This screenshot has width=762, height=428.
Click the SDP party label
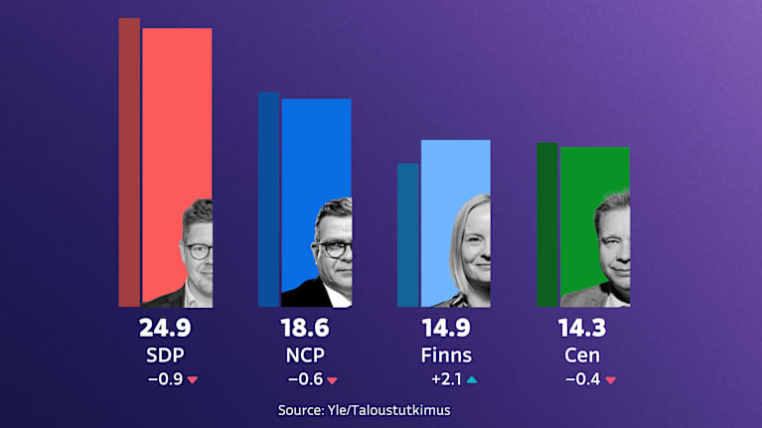click(x=166, y=355)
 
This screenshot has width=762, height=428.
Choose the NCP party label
click(x=305, y=355)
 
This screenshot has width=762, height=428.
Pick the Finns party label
click(x=445, y=355)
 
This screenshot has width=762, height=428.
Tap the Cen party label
click(x=583, y=355)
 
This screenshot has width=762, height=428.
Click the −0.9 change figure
click(x=164, y=378)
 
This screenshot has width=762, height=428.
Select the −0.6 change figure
click(x=304, y=378)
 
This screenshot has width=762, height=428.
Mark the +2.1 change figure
click(x=445, y=378)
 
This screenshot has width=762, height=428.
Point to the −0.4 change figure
click(x=582, y=378)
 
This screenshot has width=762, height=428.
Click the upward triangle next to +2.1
click(x=472, y=378)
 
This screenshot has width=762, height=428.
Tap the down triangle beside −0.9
click(x=193, y=379)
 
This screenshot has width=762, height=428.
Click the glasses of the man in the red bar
click(x=198, y=251)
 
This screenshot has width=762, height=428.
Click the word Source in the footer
click(x=303, y=409)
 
